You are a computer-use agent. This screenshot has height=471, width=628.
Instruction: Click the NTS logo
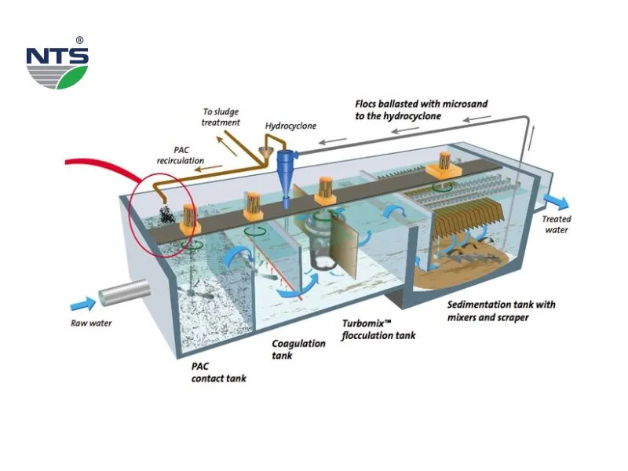[57, 66]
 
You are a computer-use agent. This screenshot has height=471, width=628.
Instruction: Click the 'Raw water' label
[87, 321]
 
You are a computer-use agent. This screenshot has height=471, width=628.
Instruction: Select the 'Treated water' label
[557, 224]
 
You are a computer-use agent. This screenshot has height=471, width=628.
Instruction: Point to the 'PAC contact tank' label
[219, 372]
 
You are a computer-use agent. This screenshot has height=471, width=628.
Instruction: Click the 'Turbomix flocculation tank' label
[378, 329]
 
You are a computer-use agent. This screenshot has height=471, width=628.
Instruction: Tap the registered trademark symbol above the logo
[80, 40]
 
